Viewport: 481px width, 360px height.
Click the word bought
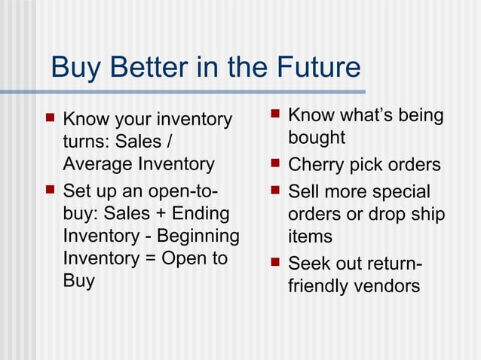click(317, 138)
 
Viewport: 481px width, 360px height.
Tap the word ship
click(428, 215)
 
